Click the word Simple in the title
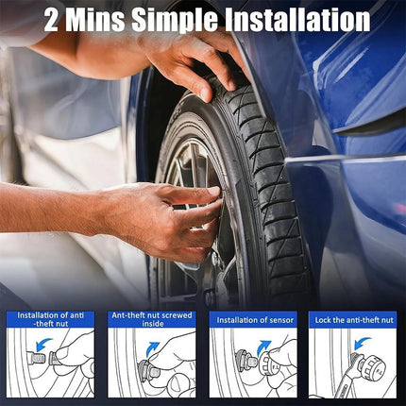(x=175, y=20)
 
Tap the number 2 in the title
(x=51, y=20)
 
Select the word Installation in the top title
(x=297, y=20)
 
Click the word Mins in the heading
(x=95, y=20)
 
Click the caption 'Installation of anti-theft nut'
(x=51, y=319)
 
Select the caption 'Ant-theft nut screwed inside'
(x=152, y=319)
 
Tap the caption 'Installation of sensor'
(x=255, y=320)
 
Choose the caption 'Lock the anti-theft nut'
(x=354, y=320)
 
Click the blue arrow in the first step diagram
(x=43, y=344)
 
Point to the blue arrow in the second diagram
(x=154, y=348)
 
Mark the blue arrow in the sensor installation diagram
(x=263, y=347)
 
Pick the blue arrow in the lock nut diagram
(x=363, y=344)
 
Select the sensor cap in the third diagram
(x=270, y=363)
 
